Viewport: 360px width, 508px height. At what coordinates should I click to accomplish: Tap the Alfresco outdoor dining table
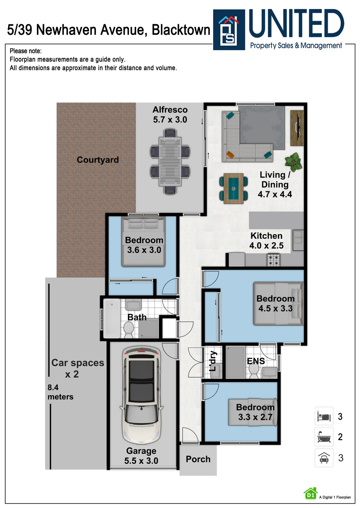(170, 161)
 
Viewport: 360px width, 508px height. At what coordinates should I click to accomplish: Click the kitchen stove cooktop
(273, 260)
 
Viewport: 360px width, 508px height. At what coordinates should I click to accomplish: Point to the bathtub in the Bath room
(112, 318)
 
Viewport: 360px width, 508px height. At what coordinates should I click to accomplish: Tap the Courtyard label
(98, 160)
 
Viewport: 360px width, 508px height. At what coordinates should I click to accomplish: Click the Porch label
(198, 459)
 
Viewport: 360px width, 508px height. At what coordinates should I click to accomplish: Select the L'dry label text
(213, 361)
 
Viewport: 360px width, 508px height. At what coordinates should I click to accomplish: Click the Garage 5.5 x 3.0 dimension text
(141, 461)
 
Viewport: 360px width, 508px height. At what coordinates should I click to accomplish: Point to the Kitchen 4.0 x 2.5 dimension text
(266, 246)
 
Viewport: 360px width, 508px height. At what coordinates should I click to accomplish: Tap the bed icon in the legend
(324, 417)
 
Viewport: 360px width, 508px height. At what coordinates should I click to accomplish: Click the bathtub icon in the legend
(324, 437)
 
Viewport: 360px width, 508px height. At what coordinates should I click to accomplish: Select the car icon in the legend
(324, 458)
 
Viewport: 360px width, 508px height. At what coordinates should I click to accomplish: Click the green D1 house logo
(310, 494)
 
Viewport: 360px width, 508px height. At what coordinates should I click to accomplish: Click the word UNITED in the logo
(296, 24)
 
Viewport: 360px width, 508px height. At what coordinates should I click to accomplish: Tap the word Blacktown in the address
(181, 30)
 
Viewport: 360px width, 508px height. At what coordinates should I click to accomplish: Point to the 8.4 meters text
(60, 392)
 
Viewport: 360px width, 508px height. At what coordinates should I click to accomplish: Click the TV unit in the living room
(297, 128)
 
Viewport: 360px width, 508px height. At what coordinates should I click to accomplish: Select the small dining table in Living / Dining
(233, 189)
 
